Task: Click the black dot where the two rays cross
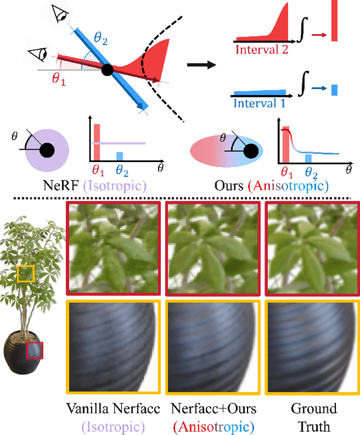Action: [107, 70]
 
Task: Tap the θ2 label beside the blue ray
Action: [101, 38]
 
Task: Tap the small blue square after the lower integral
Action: [334, 89]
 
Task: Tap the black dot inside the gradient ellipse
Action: [251, 151]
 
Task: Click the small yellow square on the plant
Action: [26, 274]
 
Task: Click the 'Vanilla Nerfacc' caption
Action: [112, 409]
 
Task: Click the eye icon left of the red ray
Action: [37, 55]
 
